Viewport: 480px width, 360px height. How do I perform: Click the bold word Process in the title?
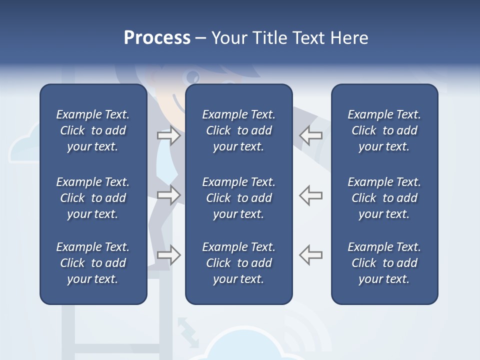157,38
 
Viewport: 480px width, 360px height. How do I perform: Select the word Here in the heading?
349,38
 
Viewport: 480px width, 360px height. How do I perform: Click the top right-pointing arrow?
168,135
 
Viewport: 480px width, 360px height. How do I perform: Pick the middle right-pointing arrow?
168,195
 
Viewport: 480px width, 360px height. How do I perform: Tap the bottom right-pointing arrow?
168,255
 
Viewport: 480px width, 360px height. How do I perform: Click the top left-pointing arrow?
310,135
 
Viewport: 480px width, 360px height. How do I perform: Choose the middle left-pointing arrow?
310,195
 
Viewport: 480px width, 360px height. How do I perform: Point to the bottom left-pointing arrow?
310,255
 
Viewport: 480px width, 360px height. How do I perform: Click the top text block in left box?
93,130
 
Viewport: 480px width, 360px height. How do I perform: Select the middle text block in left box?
93,198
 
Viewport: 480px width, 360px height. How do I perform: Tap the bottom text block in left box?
93,263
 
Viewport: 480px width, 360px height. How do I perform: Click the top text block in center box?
238,130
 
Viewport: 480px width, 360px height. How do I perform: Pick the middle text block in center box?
238,198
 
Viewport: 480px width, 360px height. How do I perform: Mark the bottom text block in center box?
238,263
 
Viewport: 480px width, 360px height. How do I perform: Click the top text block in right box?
384,130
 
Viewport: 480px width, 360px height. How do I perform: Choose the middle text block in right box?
384,198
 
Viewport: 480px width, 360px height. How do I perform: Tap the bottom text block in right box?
384,263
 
